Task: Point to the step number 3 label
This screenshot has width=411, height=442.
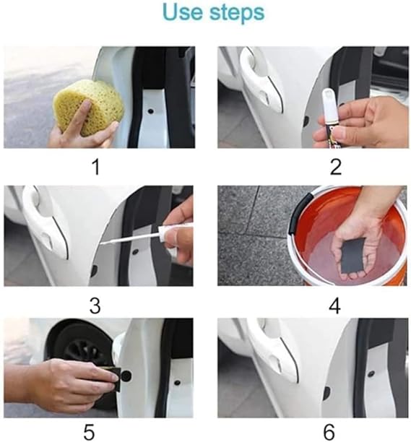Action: (x=95, y=305)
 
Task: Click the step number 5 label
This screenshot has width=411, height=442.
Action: (x=90, y=432)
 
